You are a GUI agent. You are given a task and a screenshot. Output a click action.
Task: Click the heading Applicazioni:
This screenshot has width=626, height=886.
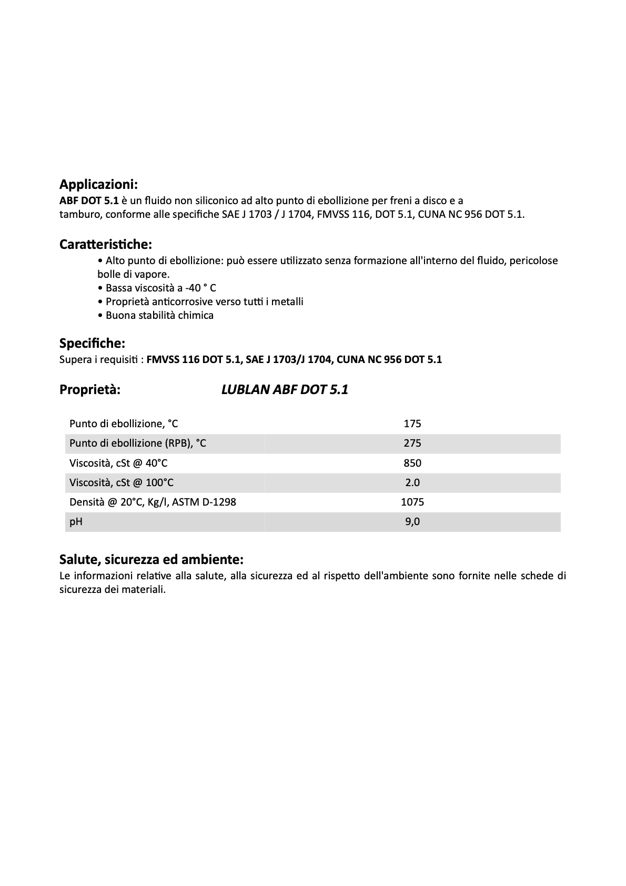98,185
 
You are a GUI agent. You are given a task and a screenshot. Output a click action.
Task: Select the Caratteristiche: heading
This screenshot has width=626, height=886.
105,245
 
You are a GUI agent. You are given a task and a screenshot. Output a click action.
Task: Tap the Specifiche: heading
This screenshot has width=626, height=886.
92,344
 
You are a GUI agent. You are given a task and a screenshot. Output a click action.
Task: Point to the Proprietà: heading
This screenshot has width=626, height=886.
90,390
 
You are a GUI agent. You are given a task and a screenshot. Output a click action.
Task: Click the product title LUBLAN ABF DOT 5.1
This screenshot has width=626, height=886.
285,390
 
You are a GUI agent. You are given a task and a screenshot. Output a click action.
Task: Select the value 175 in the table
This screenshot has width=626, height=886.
412,424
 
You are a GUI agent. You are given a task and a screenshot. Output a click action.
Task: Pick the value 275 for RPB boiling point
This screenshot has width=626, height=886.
412,444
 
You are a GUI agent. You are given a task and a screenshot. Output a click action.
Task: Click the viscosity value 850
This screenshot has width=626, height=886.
412,463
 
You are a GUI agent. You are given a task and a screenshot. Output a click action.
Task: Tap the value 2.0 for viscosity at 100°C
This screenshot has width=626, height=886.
412,482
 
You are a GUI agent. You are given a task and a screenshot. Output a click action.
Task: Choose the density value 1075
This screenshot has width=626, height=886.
412,502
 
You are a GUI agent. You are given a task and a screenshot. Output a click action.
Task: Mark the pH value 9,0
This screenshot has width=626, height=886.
412,522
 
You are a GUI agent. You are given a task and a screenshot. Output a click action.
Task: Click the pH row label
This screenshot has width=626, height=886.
76,522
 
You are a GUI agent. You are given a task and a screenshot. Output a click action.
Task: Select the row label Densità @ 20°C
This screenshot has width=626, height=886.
153,502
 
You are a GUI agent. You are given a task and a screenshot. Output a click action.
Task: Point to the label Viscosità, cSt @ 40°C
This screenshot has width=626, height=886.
118,463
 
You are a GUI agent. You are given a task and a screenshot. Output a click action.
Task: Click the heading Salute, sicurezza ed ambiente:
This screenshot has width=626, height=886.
152,559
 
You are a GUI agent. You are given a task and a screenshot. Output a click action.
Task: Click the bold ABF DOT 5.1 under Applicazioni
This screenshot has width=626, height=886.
89,201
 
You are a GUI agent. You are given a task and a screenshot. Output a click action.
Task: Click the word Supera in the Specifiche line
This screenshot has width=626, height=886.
74,360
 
